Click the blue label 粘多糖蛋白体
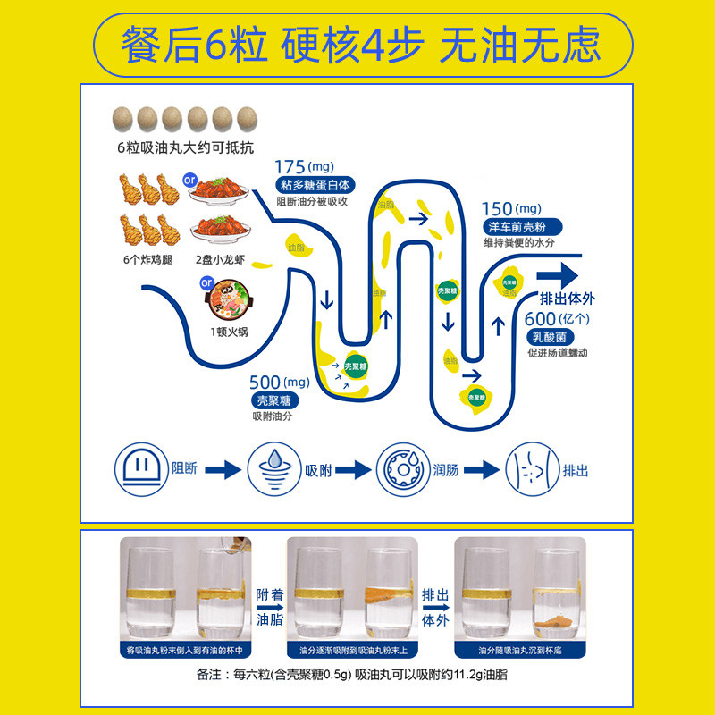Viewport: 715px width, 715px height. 314,186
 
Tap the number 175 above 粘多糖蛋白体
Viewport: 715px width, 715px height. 290,167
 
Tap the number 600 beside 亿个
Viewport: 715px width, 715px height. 541,318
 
